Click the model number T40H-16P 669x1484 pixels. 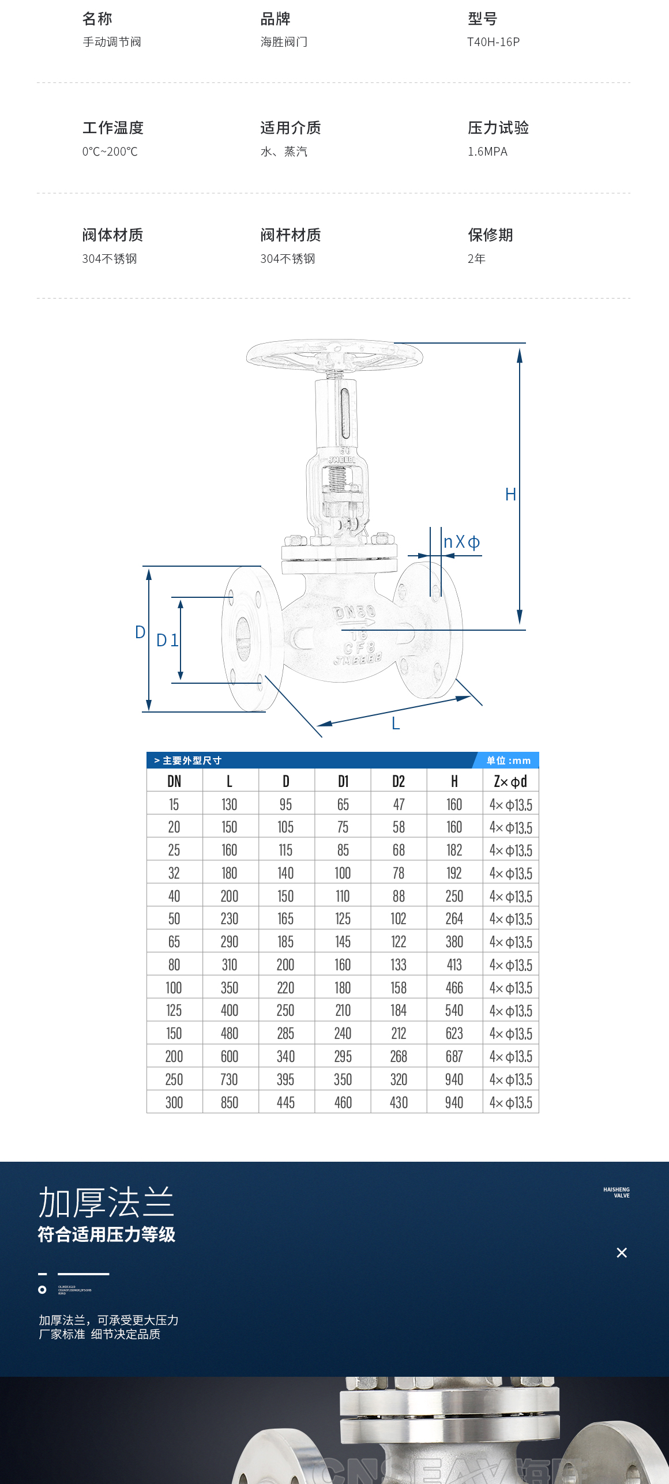[x=493, y=42]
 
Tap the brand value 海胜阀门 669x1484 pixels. [x=284, y=42]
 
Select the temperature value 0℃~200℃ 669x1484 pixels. [x=110, y=152]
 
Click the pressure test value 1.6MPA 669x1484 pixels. [x=487, y=152]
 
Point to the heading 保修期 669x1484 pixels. [x=490, y=235]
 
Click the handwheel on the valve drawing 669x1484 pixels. [x=334, y=353]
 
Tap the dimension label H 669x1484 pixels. [x=510, y=495]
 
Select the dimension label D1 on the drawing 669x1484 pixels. [x=167, y=641]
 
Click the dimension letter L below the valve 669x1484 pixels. [x=396, y=724]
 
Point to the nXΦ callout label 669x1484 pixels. [x=461, y=542]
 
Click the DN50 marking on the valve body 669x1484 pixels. [x=355, y=612]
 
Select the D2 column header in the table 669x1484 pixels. [x=399, y=781]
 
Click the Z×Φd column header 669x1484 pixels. [x=510, y=781]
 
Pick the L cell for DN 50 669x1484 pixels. [x=230, y=918]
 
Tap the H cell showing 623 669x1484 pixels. [x=454, y=1033]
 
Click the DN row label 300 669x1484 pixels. [x=174, y=1102]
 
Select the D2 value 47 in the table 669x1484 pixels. [x=399, y=804]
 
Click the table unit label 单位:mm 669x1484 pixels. [x=508, y=760]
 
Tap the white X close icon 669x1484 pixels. [x=622, y=1253]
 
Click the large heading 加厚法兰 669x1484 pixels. [x=106, y=1203]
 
